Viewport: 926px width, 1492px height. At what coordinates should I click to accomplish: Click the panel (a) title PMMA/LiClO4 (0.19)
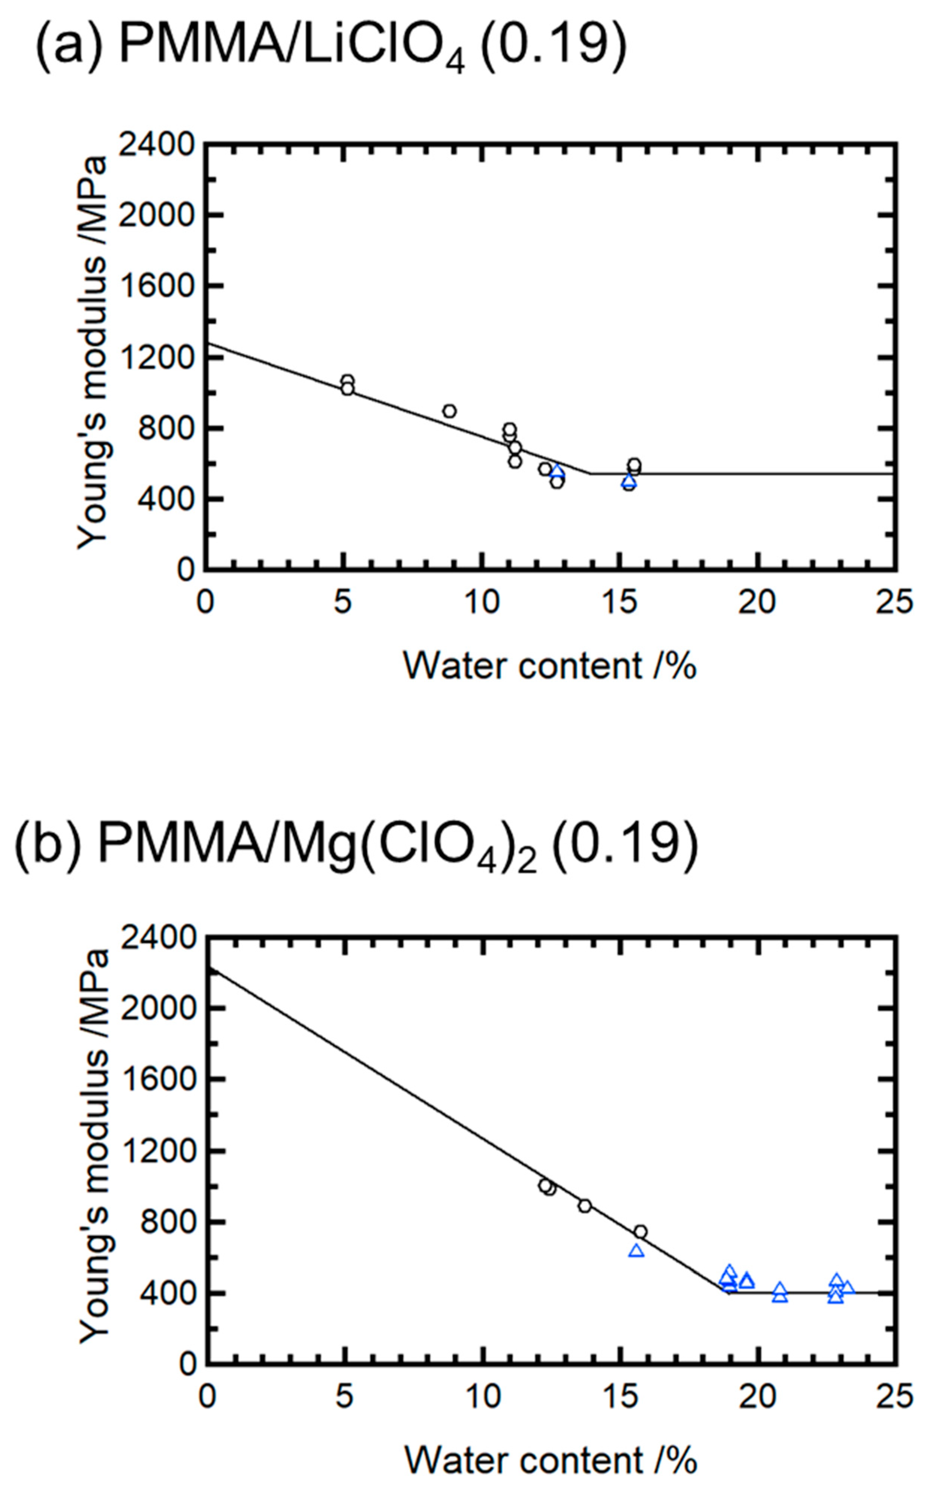point(331,46)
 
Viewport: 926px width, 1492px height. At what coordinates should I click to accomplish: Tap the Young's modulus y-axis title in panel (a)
point(93,353)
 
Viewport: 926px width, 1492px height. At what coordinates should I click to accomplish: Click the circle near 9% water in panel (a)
point(450,411)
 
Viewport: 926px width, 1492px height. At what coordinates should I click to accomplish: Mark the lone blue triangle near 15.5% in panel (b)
point(636,1251)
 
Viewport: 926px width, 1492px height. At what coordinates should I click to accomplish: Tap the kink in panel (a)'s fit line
point(590,473)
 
